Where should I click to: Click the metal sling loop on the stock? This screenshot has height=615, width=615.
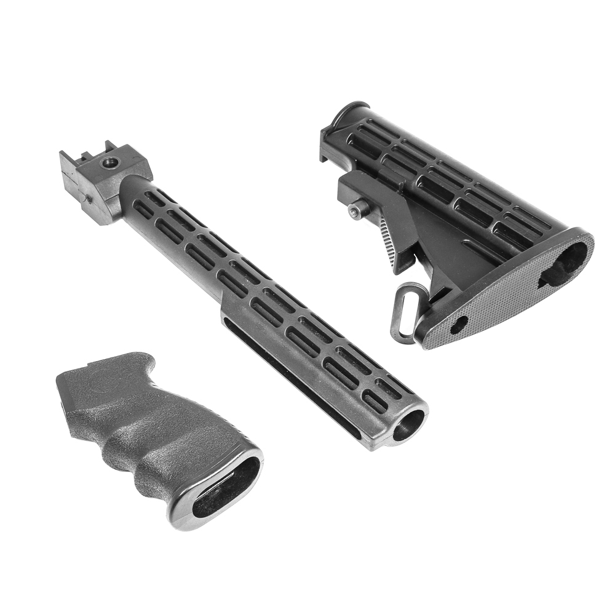click(403, 311)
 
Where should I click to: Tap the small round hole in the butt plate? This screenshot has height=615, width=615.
click(458, 325)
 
